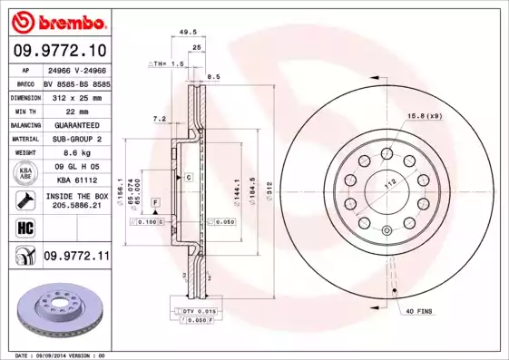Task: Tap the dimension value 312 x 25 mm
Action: [x=75, y=96]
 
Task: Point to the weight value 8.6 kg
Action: [x=75, y=153]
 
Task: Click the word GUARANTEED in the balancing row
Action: [x=75, y=124]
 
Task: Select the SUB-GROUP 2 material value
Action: [x=75, y=139]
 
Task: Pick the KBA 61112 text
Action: [x=75, y=181]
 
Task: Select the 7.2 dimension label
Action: [x=160, y=119]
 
